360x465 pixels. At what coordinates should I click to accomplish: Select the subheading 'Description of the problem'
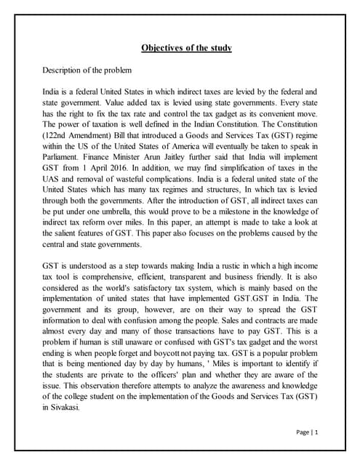pos(88,70)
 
